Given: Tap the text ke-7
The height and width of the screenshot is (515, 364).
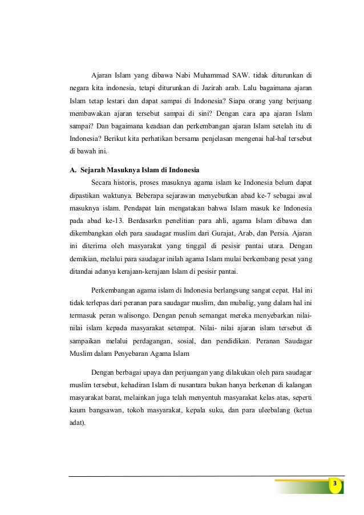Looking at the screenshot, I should pos(246,197).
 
